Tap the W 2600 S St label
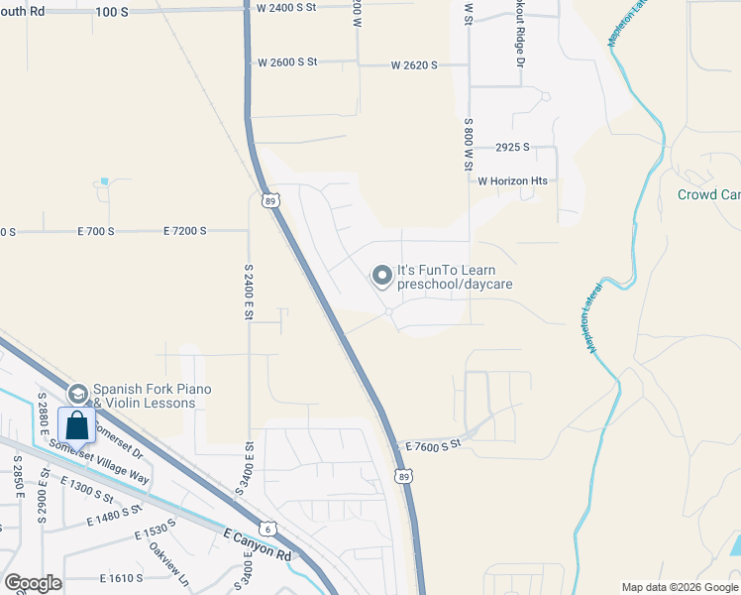coord(287,61)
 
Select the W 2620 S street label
coord(414,65)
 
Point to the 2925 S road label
coord(513,147)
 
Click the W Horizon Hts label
coord(512,181)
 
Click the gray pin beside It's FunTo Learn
coord(381,276)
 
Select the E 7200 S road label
coord(184,231)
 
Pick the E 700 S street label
coord(96,231)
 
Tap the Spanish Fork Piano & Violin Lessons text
coord(152,396)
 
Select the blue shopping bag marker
coord(77,425)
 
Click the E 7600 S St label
coord(434,445)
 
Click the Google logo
coord(33,583)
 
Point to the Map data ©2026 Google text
coord(679,587)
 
